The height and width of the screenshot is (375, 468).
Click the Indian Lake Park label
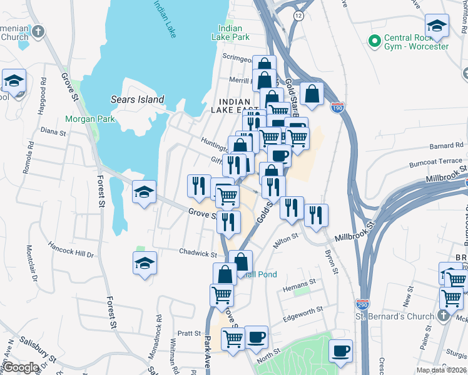pyautogui.click(x=233, y=32)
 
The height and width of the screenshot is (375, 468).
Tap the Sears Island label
pyautogui.click(x=137, y=99)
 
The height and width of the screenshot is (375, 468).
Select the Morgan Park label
pyautogui.click(x=89, y=119)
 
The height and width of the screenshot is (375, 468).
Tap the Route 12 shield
pyautogui.click(x=300, y=15)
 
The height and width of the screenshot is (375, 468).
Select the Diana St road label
pyautogui.click(x=53, y=132)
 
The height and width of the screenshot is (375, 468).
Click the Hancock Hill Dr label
pyautogui.click(x=70, y=255)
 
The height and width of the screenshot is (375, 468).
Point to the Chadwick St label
pyautogui.click(x=198, y=254)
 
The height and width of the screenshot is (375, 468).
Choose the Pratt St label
pyautogui.click(x=188, y=333)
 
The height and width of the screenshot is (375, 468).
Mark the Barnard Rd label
pyautogui.click(x=429, y=146)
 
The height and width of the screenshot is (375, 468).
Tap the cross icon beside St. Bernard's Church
pyautogui.click(x=442, y=316)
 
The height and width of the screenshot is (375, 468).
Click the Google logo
pyautogui.click(x=21, y=367)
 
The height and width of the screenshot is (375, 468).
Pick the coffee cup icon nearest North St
pyautogui.click(x=256, y=337)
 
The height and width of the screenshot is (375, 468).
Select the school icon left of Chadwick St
pyautogui.click(x=145, y=262)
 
